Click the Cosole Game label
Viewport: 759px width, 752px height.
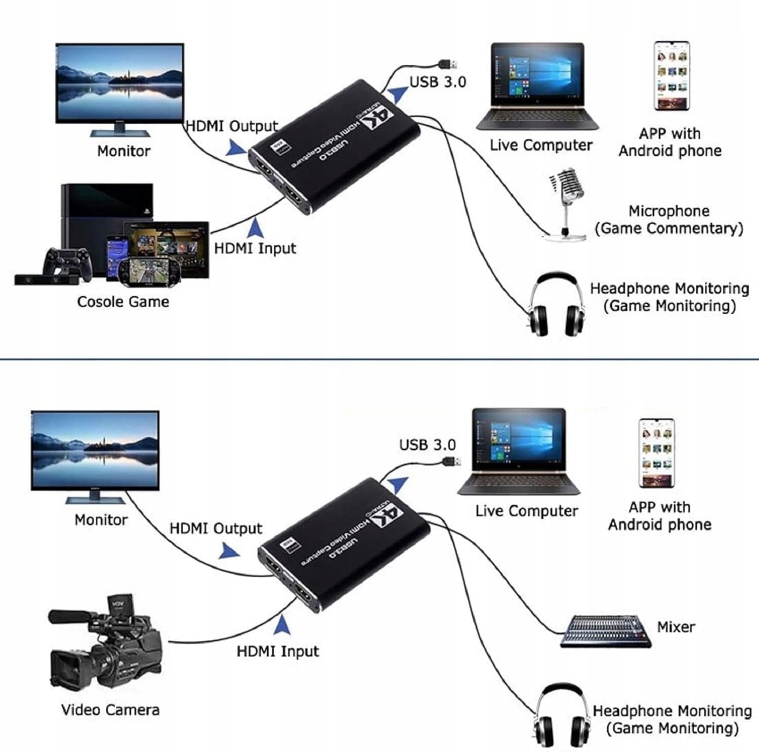[123, 302]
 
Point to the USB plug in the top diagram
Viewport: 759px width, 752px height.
[448, 64]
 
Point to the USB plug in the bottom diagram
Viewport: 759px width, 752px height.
[452, 461]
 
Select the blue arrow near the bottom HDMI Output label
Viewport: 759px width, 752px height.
[229, 551]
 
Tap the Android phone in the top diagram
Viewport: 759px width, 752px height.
[671, 76]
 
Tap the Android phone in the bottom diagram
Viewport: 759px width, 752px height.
[656, 453]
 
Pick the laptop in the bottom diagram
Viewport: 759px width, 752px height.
[519, 452]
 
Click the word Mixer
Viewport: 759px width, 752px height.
[676, 627]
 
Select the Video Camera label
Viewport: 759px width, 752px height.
[110, 710]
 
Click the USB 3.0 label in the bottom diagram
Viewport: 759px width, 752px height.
[428, 445]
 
